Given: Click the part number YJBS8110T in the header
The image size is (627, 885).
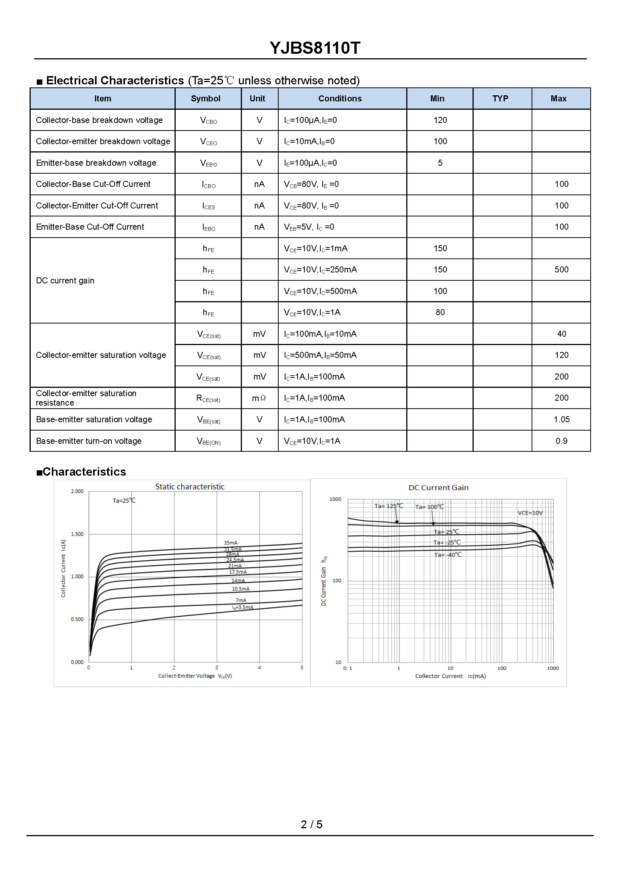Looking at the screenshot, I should [315, 48].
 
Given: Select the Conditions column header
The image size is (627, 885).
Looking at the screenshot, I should [340, 99].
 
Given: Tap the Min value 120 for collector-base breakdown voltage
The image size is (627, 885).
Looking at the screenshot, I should [440, 120].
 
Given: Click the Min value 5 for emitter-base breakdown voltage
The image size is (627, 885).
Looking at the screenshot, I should [440, 163].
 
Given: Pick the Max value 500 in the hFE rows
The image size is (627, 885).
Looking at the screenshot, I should [561, 270].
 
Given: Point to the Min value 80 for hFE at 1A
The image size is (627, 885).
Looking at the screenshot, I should [440, 313].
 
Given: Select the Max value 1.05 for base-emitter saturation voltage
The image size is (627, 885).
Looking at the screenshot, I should [561, 419].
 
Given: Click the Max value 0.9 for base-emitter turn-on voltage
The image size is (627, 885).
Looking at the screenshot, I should [561, 441].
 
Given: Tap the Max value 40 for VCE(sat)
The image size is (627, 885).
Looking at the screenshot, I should [561, 334].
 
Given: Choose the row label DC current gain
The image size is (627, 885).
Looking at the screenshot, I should [65, 281].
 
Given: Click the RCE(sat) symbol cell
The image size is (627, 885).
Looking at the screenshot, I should [208, 398].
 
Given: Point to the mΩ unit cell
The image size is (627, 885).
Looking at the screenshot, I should [259, 398].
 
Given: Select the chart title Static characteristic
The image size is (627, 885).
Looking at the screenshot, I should [190, 487].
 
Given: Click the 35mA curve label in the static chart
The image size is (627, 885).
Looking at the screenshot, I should [231, 543].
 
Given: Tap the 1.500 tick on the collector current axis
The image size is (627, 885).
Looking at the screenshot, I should [77, 534].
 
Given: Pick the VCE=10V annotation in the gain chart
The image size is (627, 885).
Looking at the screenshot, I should [530, 513].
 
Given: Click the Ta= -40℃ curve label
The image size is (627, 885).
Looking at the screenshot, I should [448, 555].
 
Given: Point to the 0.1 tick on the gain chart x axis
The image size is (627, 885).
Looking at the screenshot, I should [348, 669].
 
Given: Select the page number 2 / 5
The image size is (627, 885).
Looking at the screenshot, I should [311, 824].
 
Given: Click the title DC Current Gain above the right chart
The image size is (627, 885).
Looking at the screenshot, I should [438, 488].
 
